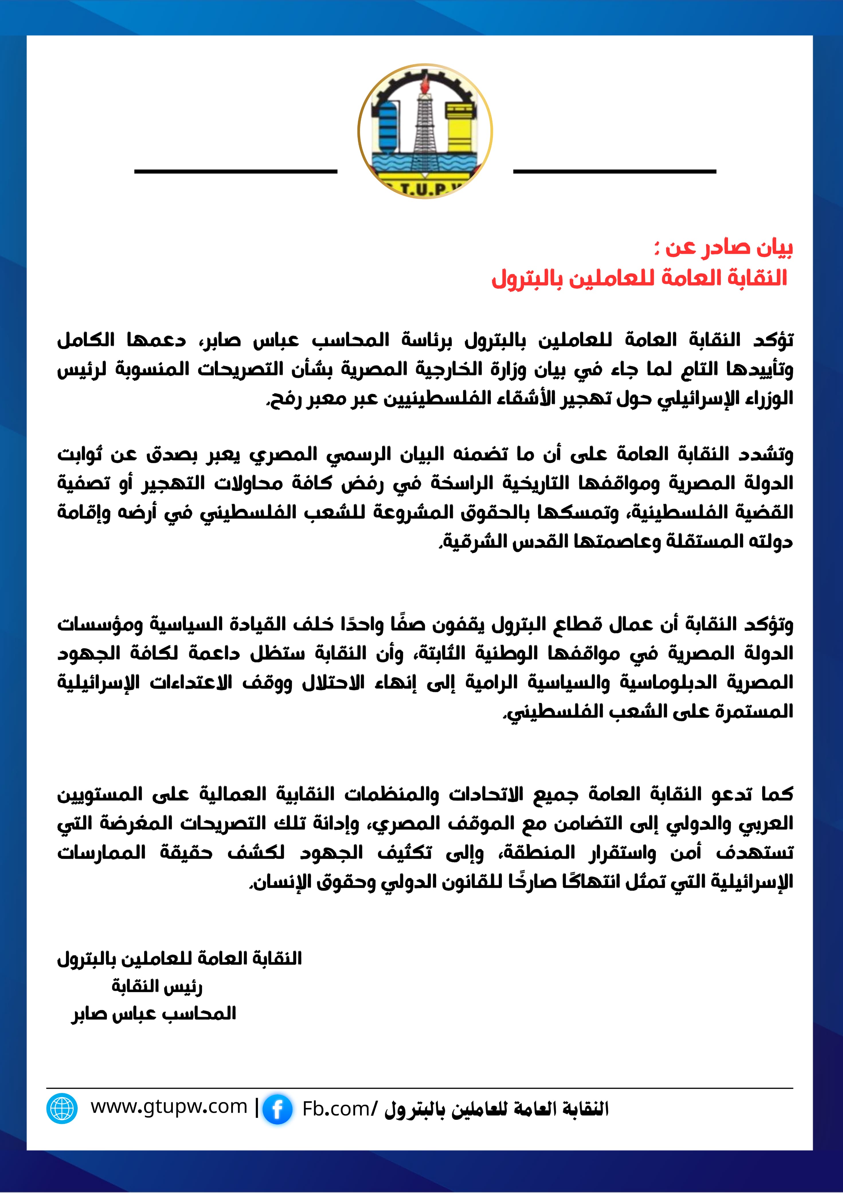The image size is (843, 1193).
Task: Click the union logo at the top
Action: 425,131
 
